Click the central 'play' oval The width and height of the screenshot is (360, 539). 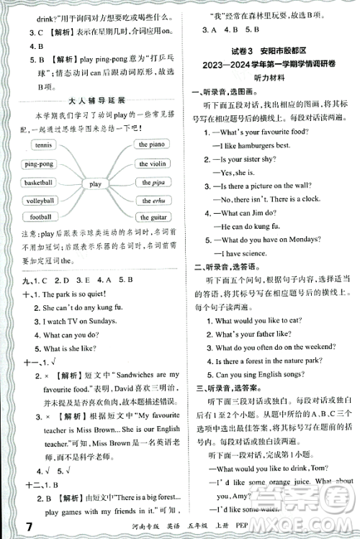[x=95, y=184]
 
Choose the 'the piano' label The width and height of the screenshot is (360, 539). [x=153, y=145]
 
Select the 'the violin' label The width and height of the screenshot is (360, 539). [x=153, y=164]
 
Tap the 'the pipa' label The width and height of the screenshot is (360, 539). [x=152, y=183]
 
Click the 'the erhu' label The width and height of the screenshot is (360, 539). [x=152, y=201]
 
